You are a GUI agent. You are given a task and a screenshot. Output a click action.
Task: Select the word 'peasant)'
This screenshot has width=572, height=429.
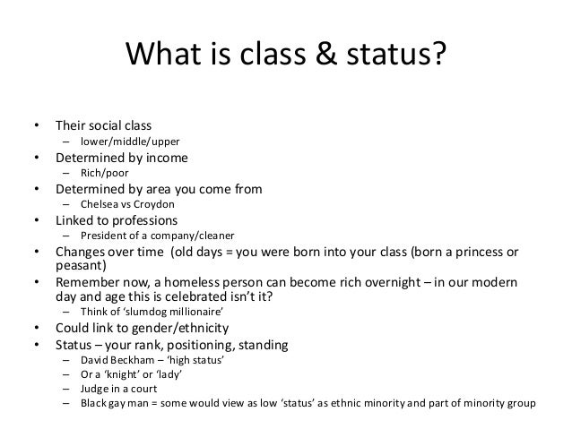80,267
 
